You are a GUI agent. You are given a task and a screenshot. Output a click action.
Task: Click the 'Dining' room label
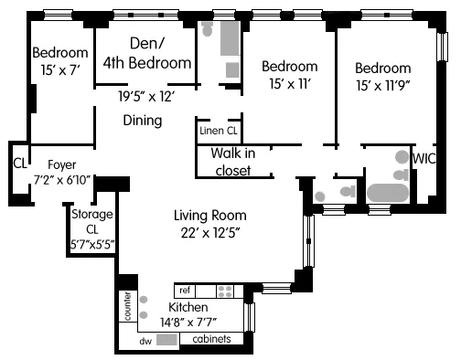click(x=142, y=121)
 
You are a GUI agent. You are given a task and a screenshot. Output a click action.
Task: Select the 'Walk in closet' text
click(x=232, y=161)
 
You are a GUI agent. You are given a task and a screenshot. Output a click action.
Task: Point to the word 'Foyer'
click(x=60, y=164)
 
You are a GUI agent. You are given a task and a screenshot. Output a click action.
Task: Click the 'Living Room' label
click(x=210, y=216)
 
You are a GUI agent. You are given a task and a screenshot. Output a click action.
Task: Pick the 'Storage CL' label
click(x=91, y=221)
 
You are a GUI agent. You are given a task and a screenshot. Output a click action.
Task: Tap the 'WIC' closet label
click(x=425, y=158)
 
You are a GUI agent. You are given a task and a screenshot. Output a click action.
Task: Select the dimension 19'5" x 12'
click(x=145, y=94)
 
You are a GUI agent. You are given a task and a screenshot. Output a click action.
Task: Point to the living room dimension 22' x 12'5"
click(x=210, y=234)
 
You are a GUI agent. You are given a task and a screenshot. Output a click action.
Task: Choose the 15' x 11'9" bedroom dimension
click(x=383, y=86)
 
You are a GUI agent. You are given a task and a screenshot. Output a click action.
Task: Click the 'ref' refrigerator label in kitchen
click(x=184, y=290)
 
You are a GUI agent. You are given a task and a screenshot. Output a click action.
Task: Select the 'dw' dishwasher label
click(x=145, y=341)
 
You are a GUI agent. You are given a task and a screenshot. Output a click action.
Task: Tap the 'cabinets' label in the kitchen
click(x=211, y=340)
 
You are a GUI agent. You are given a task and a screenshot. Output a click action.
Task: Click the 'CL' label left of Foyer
click(x=18, y=164)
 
